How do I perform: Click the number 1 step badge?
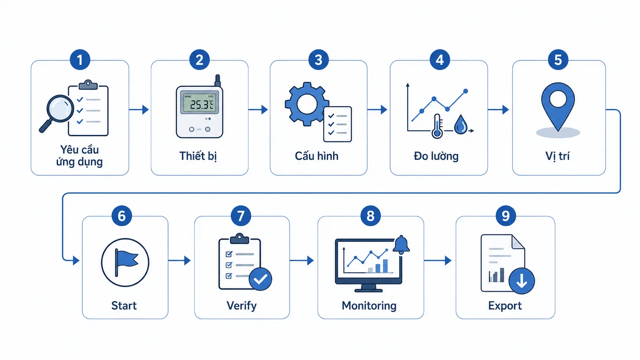(x=80, y=60)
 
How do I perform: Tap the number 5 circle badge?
(x=558, y=60)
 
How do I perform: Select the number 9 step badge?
(x=505, y=216)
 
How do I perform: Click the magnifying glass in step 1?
(x=57, y=112)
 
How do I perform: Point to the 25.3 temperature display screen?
(x=200, y=103)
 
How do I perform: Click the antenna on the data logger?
(x=218, y=80)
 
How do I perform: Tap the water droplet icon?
(x=460, y=124)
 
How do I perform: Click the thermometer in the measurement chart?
(x=437, y=126)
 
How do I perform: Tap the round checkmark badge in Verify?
(x=260, y=279)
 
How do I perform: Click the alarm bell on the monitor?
(x=401, y=245)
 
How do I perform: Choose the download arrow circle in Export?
(x=522, y=281)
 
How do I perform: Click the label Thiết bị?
(x=198, y=156)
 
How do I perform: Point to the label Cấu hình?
(x=317, y=156)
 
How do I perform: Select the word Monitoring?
(x=369, y=306)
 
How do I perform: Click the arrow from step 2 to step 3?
(x=258, y=109)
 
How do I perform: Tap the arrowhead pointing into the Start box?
(x=76, y=261)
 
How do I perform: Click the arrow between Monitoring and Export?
(x=438, y=261)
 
